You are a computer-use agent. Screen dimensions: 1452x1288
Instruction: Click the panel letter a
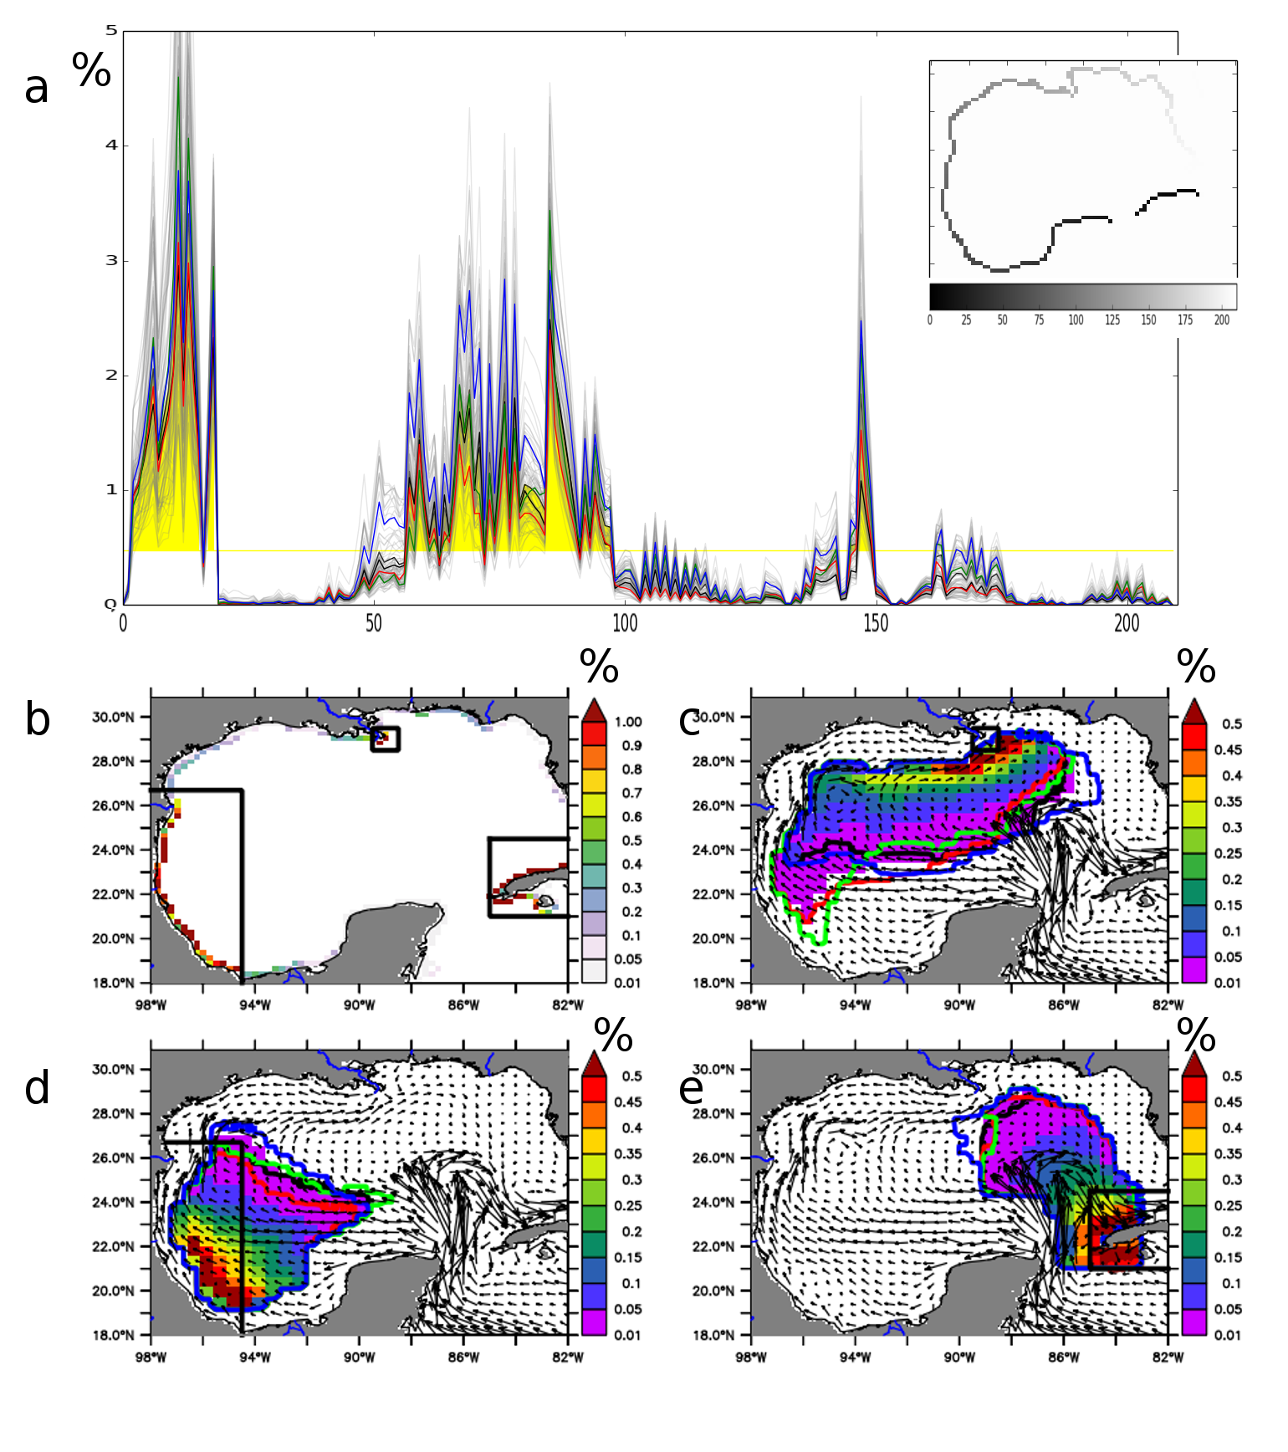point(36,88)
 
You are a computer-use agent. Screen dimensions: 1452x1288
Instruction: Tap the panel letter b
point(38,720)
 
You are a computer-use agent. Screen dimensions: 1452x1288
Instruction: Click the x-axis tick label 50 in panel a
point(374,624)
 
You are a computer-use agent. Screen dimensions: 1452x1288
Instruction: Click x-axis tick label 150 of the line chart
point(876,624)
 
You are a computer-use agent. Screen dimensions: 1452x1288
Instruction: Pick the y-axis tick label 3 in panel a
point(111,260)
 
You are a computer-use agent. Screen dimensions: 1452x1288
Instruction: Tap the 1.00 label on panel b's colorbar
point(628,722)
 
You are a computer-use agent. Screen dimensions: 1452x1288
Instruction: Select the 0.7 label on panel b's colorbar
point(631,793)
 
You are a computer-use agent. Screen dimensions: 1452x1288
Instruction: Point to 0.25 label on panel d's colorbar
point(628,1205)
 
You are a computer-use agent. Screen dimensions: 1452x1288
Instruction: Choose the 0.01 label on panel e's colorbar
point(1227,1335)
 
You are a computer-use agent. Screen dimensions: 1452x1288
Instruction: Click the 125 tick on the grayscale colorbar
point(1112,320)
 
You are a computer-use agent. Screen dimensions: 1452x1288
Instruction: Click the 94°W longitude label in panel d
point(254,1357)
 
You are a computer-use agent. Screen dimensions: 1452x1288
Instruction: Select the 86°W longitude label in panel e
point(1063,1357)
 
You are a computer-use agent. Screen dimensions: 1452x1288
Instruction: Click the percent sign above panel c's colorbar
point(1196,667)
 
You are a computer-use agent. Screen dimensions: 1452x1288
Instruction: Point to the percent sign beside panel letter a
point(91,70)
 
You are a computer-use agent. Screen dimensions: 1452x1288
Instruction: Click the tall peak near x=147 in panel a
point(861,100)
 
